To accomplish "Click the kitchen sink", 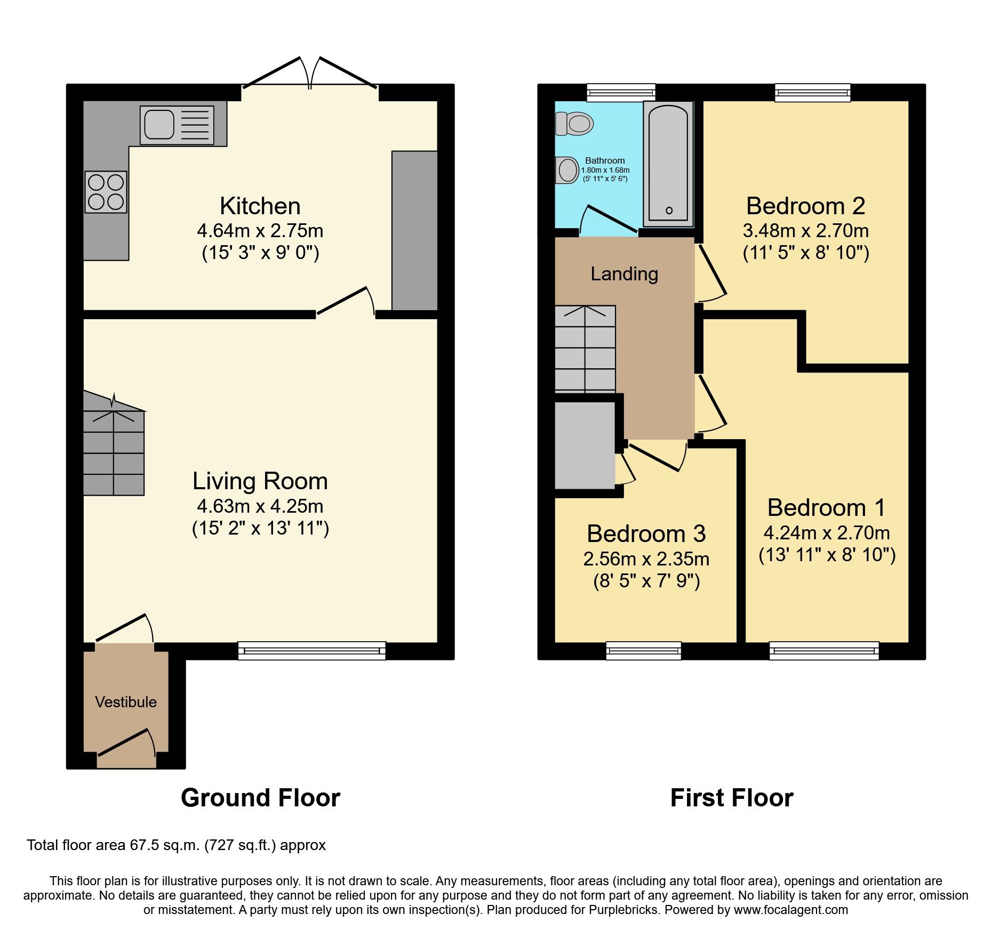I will click(x=177, y=125).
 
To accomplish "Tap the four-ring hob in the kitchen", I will click(x=106, y=192).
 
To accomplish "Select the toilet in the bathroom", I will click(x=575, y=124).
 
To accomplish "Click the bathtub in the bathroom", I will click(x=668, y=164).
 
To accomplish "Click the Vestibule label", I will click(x=126, y=702).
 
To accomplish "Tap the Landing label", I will click(x=624, y=274).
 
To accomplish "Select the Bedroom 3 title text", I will click(x=646, y=533).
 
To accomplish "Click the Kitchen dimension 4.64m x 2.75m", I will click(x=260, y=231).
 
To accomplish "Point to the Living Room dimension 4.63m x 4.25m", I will click(x=260, y=506).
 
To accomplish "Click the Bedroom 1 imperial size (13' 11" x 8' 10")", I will click(x=827, y=555).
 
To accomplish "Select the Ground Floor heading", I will click(x=260, y=798).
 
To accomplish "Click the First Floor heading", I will click(x=731, y=798).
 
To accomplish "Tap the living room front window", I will click(x=311, y=651).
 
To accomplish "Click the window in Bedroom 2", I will click(x=812, y=93).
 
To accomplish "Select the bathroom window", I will click(x=621, y=93).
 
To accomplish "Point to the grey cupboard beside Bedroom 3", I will click(x=585, y=445).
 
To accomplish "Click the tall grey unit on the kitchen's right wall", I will click(x=414, y=230).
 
